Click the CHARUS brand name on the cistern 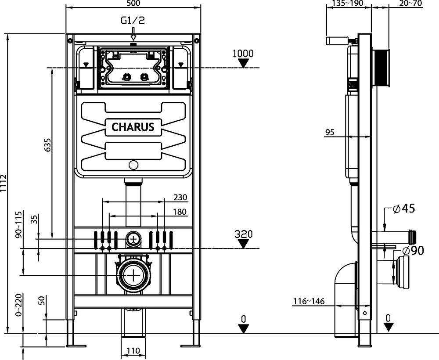[x=133, y=127]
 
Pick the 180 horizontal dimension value [x=180, y=212]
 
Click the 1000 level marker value [x=243, y=54]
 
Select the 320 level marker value [x=244, y=234]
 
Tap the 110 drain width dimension [x=133, y=351]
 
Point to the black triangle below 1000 [x=243, y=64]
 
